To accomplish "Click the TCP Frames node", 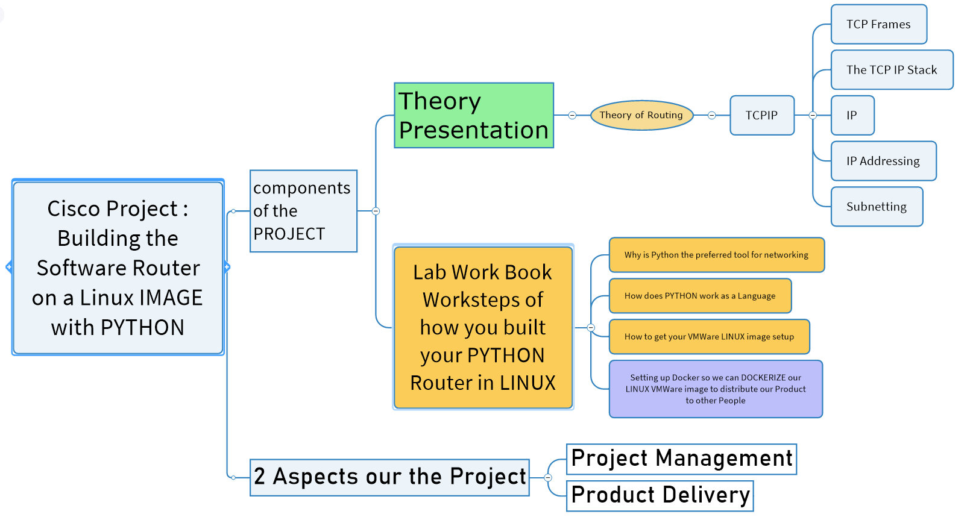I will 878,25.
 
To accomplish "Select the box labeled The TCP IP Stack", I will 892,70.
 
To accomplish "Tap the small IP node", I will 852,115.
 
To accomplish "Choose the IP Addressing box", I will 883,161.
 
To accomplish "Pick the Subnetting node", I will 877,207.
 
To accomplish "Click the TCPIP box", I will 761,115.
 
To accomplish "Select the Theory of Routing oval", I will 641,115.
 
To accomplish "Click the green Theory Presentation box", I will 474,116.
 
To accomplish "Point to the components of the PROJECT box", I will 303,211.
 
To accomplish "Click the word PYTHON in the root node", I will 142,328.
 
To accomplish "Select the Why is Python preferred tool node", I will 716,255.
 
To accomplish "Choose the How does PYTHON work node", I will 700,296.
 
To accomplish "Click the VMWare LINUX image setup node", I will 709,337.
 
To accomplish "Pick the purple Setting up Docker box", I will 716,389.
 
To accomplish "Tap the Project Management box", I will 681,459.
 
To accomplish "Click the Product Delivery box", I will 660,495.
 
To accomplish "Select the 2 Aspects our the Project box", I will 389,477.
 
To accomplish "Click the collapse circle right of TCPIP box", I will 813,115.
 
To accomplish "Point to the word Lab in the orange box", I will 429,273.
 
